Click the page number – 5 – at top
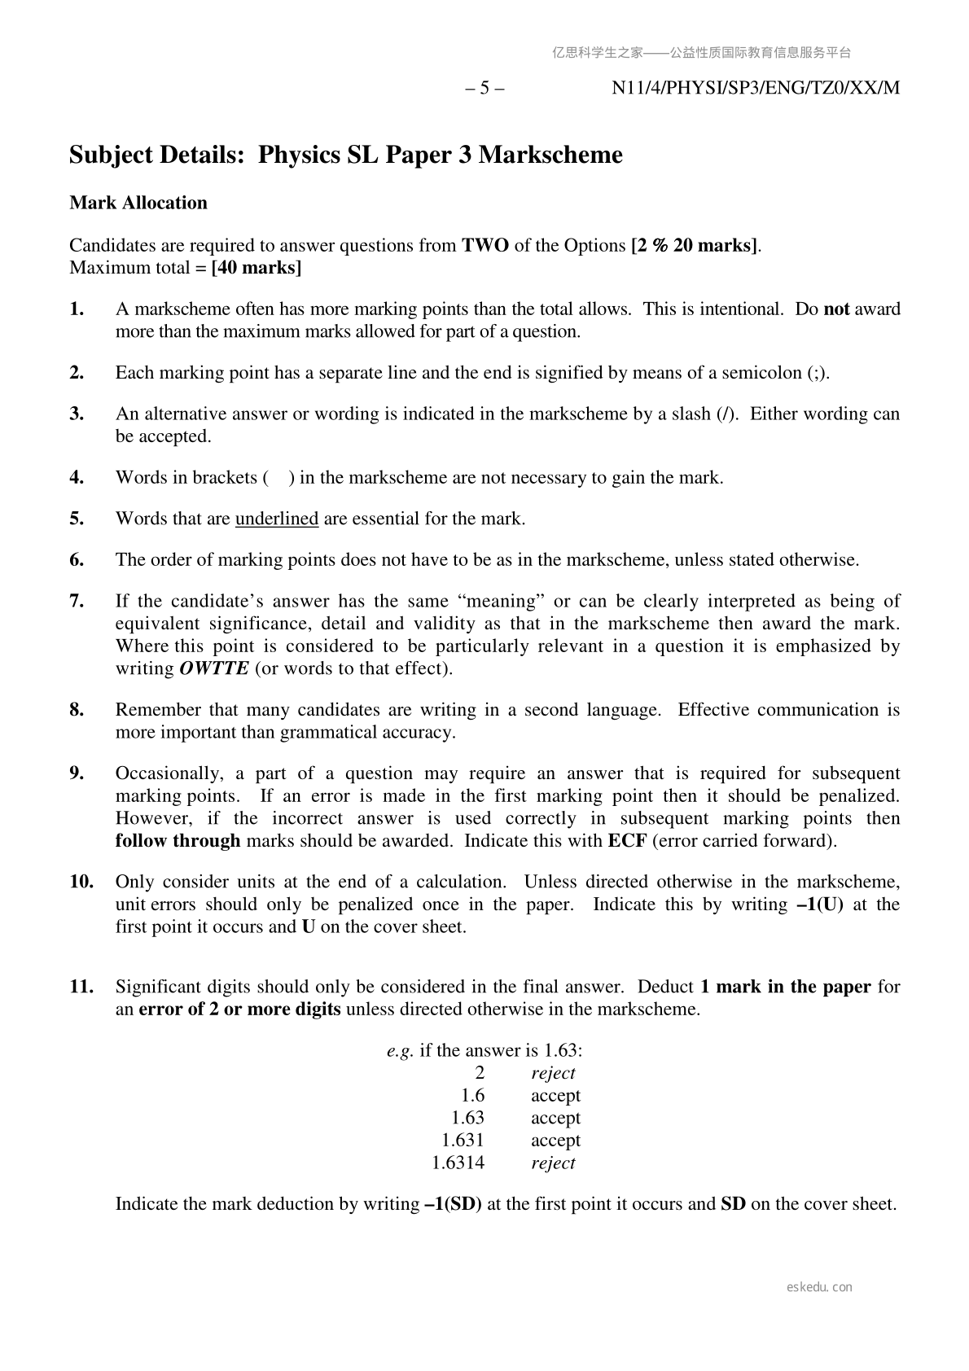click(x=484, y=88)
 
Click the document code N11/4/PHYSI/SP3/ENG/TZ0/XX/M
click(x=756, y=88)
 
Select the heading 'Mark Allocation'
click(x=138, y=203)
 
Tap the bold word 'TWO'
click(x=485, y=245)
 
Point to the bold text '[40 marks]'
click(x=256, y=268)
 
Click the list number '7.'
click(x=77, y=601)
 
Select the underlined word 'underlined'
click(x=277, y=519)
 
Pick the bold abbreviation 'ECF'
click(x=627, y=840)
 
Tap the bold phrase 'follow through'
click(x=178, y=840)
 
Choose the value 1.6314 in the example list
click(x=458, y=1163)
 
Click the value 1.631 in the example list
click(x=463, y=1140)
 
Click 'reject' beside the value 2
click(x=553, y=1073)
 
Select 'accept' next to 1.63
click(x=555, y=1118)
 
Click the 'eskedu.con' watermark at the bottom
click(x=819, y=1287)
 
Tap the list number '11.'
click(x=81, y=987)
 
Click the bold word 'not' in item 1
click(x=837, y=309)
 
